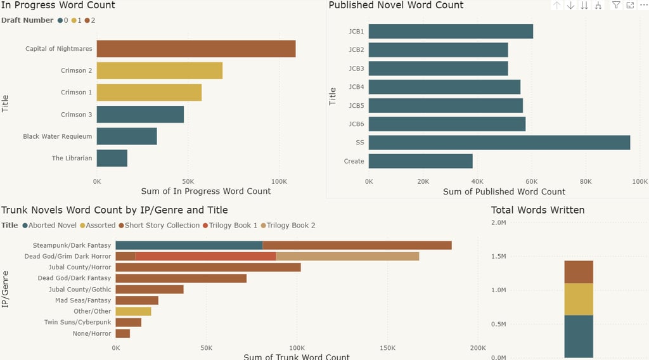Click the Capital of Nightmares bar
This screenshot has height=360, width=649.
point(196,49)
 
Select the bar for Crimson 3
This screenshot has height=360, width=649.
point(140,115)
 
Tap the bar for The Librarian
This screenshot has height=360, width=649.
point(112,158)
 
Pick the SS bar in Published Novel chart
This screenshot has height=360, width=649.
point(499,143)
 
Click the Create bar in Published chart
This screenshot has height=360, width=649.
point(420,161)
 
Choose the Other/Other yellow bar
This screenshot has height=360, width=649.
point(133,311)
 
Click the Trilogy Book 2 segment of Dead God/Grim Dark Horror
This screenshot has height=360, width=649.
point(347,256)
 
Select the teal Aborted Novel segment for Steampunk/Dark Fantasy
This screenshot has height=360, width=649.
point(189,245)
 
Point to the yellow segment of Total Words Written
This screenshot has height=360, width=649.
point(579,299)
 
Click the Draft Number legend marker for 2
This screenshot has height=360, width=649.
point(87,20)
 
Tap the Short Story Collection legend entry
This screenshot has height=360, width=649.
point(158,225)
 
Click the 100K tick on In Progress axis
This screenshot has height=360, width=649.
point(278,181)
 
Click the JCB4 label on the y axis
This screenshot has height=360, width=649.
point(356,87)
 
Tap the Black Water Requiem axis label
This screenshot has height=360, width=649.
point(58,136)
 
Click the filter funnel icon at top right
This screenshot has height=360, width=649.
point(616,5)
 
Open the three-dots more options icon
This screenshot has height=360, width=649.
point(643,5)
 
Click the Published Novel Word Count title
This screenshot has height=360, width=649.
point(396,5)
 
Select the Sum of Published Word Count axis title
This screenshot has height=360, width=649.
point(504,191)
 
